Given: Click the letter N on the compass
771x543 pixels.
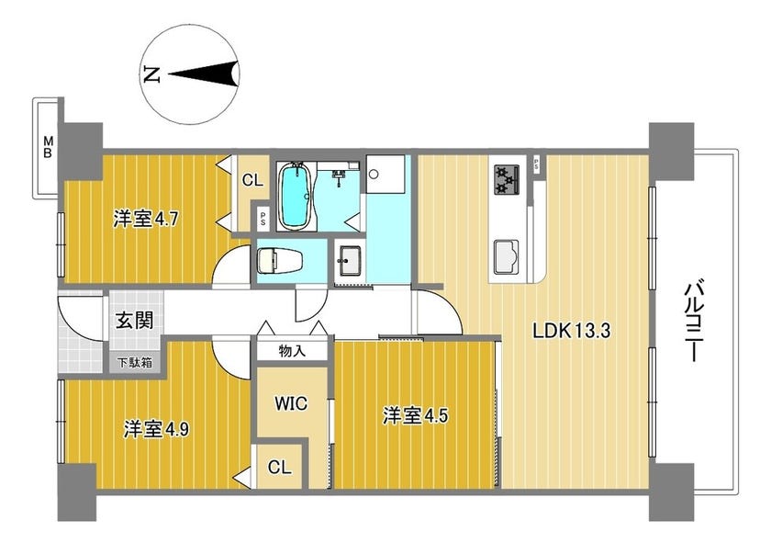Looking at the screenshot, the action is [152, 74].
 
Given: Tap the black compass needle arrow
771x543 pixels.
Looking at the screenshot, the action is [204, 74].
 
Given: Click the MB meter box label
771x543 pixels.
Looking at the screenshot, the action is [48, 147].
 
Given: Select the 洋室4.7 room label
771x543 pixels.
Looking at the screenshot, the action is [146, 219].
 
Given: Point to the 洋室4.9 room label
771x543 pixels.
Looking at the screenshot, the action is [156, 429].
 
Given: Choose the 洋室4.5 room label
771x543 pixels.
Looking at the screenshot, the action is [416, 416].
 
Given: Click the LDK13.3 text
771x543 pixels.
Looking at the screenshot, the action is [571, 331].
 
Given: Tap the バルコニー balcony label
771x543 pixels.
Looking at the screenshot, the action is [692, 322].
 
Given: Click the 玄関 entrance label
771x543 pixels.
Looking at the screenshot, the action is [134, 321].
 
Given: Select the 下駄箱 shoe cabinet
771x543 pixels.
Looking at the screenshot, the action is [134, 363].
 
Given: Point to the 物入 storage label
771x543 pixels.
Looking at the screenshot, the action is [292, 351].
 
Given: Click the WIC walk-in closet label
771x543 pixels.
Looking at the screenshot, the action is [291, 403].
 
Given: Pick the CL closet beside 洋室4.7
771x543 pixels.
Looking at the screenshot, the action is [252, 180].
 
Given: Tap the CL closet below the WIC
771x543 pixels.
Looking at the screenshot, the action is [280, 467].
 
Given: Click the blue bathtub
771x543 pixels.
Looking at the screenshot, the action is [295, 197].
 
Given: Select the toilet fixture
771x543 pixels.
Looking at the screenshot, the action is [279, 261].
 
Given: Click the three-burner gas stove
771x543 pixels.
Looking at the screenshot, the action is [507, 179].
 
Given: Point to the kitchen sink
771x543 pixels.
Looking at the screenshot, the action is [507, 255].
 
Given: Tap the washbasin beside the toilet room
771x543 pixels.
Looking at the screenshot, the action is [350, 260].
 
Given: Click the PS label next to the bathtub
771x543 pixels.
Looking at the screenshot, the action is [263, 219].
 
